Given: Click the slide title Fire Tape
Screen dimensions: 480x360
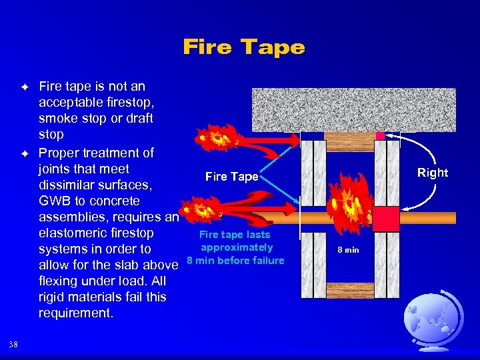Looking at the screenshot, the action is pos(243,47).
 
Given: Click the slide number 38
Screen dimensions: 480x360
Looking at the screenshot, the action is pos(14,344).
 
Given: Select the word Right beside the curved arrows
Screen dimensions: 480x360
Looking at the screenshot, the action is pos(432,173).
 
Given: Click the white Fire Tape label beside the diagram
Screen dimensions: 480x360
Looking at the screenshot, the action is pos(231,177).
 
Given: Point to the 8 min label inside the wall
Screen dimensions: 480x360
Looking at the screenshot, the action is pos(347,250).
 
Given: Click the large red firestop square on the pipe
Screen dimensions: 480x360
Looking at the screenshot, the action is pos(385,218).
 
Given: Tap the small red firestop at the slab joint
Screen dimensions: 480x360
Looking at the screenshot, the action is pos(381,136).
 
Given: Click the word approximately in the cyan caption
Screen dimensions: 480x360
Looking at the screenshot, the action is pos(236,247).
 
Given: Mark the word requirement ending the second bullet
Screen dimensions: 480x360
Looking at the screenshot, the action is pos(74,313).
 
